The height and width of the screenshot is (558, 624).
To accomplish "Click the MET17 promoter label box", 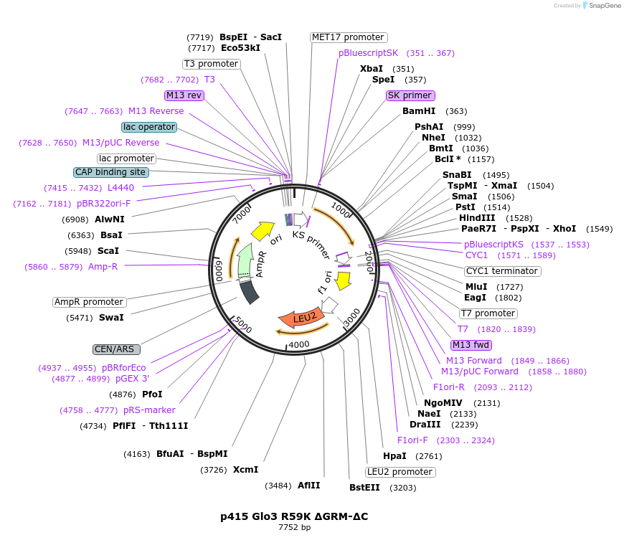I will click(349, 37).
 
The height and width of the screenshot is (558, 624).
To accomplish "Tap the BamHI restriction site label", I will click(419, 111).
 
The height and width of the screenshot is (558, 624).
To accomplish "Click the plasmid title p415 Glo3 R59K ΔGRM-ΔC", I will click(294, 516).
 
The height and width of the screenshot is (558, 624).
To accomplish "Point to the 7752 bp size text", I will click(294, 528).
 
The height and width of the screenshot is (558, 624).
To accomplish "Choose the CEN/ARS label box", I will click(117, 349).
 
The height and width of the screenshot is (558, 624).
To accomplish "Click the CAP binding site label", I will click(111, 172).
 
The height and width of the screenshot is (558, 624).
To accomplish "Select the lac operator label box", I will click(149, 127).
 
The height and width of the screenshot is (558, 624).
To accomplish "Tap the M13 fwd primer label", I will click(471, 345).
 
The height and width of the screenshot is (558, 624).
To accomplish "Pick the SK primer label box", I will click(410, 95).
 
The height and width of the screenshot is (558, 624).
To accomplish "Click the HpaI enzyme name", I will click(394, 455).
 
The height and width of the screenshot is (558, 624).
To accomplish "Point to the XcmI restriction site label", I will click(245, 470).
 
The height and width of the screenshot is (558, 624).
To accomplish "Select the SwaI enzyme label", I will click(112, 317).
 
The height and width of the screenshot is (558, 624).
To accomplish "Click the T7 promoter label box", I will click(488, 313).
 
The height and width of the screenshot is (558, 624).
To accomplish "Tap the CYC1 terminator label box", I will click(502, 271).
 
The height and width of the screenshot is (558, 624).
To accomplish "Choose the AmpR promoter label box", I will click(90, 302).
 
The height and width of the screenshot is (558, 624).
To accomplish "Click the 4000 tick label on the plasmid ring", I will click(298, 344).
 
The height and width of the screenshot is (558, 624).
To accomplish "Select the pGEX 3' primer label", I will click(132, 379).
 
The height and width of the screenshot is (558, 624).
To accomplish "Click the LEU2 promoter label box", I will click(400, 472).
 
